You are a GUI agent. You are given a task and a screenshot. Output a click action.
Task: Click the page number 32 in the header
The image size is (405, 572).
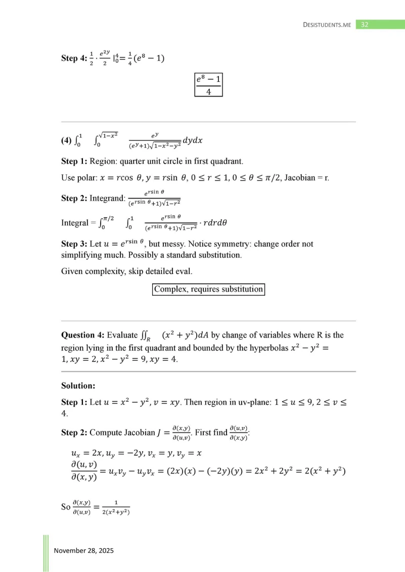[364, 24]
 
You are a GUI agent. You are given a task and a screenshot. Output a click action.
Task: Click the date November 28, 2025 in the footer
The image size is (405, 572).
[84, 550]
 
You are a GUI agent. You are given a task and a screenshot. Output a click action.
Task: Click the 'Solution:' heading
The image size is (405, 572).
[78, 386]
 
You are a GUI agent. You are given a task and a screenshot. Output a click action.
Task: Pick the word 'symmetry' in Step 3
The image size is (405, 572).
[232, 244]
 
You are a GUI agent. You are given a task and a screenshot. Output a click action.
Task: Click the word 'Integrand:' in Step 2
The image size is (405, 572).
[107, 199]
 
